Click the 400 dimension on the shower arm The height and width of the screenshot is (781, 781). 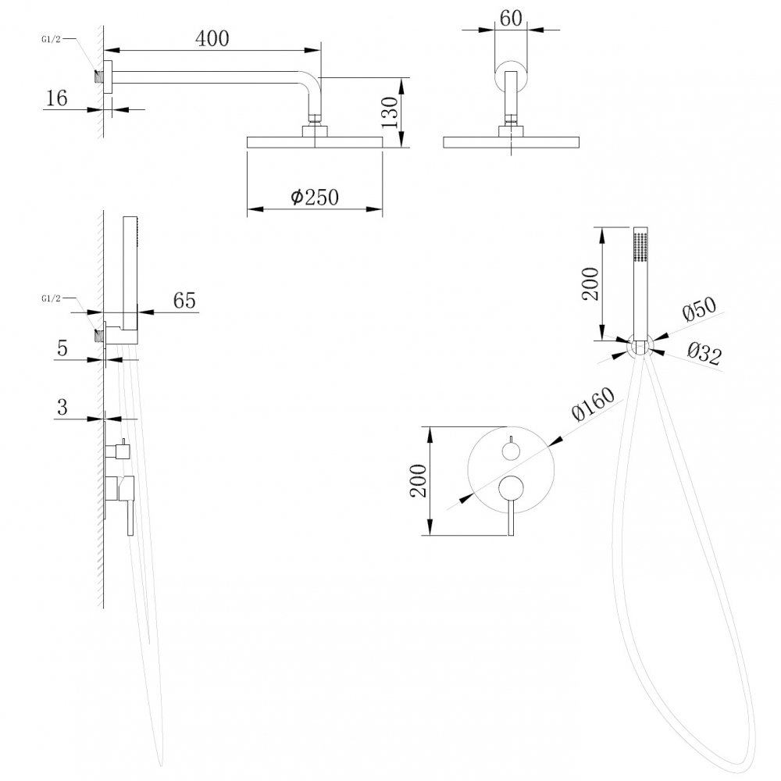coord(212,37)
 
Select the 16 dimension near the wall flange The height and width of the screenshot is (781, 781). coord(57,98)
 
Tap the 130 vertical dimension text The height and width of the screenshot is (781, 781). coord(390,112)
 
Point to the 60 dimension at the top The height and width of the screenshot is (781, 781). coord(510,18)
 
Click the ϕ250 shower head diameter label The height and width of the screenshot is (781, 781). coord(315,197)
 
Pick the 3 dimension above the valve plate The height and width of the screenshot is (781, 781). coord(62,407)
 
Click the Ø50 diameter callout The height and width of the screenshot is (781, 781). coord(699,309)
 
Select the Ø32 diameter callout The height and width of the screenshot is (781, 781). coord(704,355)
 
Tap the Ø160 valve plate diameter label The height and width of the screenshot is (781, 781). coord(594,405)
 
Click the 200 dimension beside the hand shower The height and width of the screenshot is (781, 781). coord(590,284)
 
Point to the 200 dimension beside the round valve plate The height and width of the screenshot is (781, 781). coord(418,481)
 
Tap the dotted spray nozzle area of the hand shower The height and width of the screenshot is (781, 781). coord(640,246)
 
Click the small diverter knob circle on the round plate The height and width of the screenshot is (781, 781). coord(511,451)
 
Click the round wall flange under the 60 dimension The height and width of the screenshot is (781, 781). coord(511,73)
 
